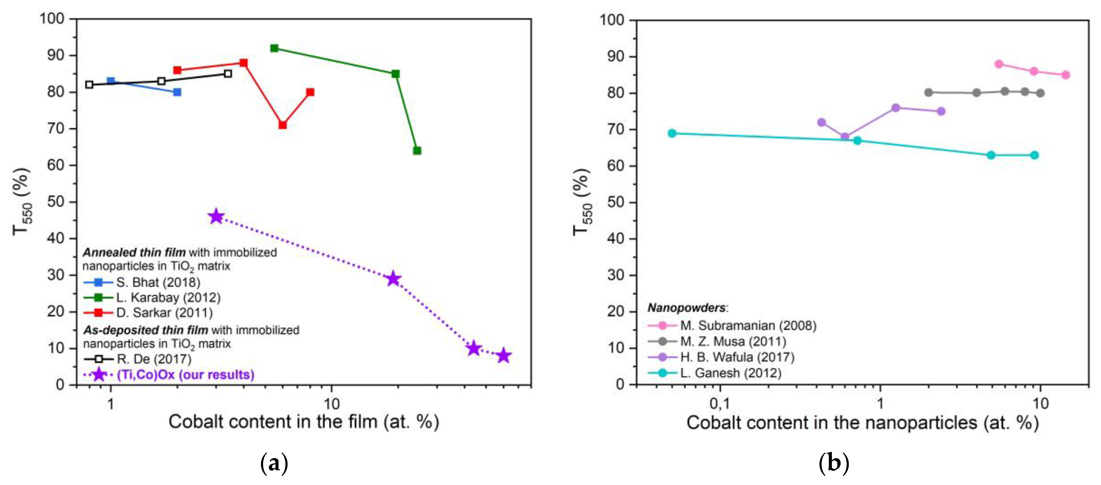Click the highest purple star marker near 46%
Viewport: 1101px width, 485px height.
(216, 217)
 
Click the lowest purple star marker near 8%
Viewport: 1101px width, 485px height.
(504, 355)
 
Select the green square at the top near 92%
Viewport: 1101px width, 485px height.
(274, 48)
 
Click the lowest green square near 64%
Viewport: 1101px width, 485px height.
(417, 150)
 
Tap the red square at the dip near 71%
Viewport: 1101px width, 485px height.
(282, 125)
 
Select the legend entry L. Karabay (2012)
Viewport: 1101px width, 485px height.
(168, 297)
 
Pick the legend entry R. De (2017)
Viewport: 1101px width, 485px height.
(154, 359)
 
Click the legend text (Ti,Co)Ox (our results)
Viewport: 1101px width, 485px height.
(185, 375)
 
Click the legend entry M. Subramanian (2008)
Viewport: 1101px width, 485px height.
(748, 326)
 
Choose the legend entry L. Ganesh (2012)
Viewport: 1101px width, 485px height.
(730, 373)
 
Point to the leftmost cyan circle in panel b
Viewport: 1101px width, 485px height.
(672, 133)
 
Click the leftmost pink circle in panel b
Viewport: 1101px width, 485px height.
(999, 64)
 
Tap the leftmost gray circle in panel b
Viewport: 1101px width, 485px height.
(928, 92)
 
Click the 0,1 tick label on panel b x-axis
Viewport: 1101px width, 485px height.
(720, 403)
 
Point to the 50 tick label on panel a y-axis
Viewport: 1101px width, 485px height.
(56, 202)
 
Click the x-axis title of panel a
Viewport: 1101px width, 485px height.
(304, 422)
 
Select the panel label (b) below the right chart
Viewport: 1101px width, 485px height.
(833, 463)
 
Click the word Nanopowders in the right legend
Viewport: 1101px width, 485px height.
(686, 308)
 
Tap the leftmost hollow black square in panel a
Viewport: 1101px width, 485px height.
(89, 85)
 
